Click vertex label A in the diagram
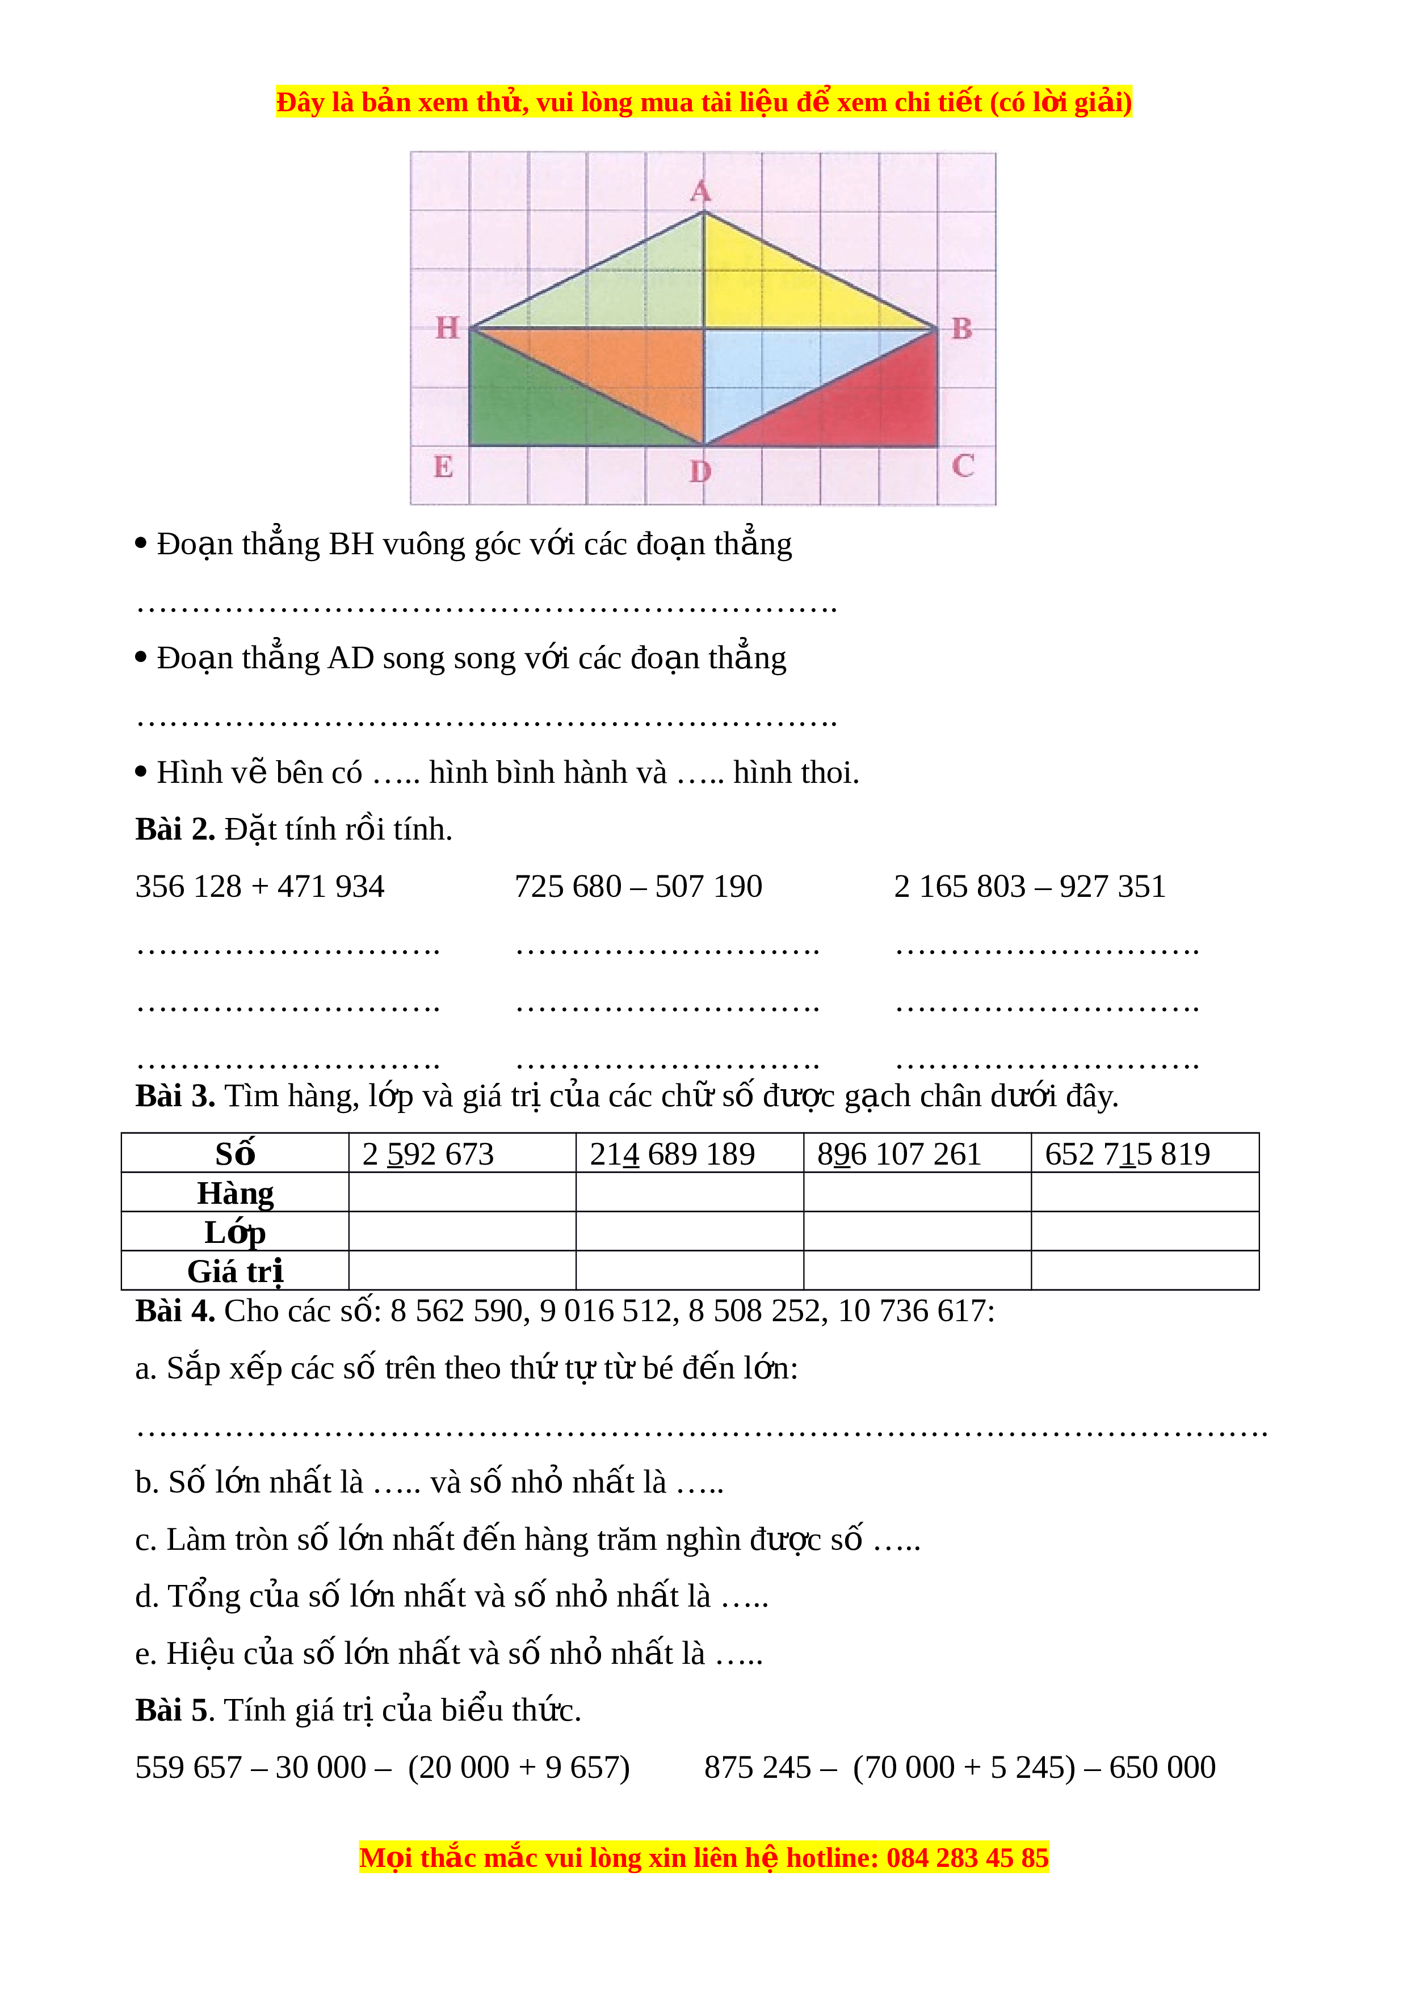click(700, 192)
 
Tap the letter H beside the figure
click(447, 328)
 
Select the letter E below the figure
click(443, 467)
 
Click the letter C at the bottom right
click(962, 466)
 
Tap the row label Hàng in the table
click(235, 1192)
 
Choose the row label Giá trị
click(235, 1271)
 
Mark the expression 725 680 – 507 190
click(638, 887)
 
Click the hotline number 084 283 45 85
click(968, 1857)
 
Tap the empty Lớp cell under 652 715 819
click(1144, 1232)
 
